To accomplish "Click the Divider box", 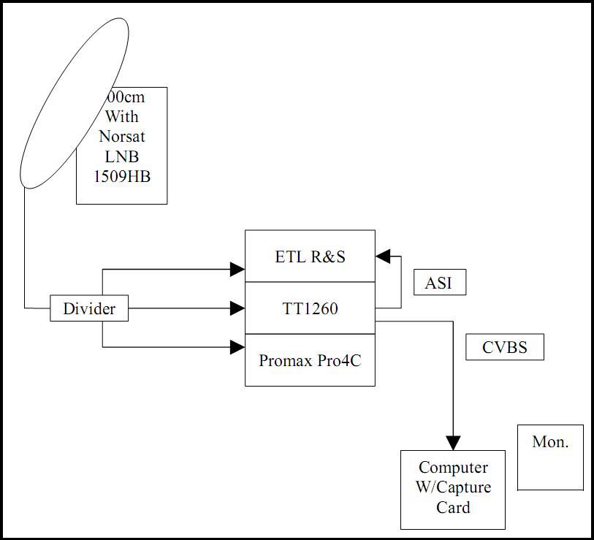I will (89, 308).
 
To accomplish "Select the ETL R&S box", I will (310, 256).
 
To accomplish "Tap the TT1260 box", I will (310, 308).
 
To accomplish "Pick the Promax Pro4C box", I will (310, 360).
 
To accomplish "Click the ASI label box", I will (439, 283).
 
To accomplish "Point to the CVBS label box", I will (505, 347).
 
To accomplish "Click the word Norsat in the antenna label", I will (121, 136).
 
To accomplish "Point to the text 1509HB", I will (121, 176).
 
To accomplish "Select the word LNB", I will (121, 156).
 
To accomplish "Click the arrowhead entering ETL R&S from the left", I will (237, 270).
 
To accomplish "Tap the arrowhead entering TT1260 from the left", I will (237, 308).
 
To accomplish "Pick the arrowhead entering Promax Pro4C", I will (237, 347).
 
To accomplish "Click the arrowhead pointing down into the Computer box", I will (453, 443).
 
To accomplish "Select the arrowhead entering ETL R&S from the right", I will (383, 256).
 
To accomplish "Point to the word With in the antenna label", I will (121, 116).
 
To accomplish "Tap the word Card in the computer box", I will (453, 507).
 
